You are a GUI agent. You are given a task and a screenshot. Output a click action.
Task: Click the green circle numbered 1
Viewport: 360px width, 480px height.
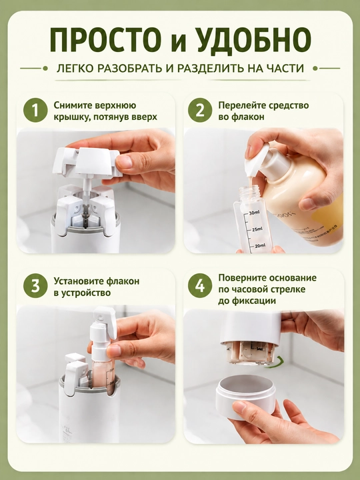35,111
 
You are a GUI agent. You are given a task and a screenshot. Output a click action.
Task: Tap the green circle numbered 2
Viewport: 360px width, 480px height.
200,111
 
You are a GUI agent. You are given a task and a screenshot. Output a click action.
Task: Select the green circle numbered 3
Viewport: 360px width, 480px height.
35,287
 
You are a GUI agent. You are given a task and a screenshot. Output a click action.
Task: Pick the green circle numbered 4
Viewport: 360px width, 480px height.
200,287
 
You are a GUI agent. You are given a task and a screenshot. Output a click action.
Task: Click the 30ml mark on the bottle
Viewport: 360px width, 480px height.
254,213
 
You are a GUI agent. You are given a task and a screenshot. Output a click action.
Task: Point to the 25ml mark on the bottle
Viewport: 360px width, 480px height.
256,229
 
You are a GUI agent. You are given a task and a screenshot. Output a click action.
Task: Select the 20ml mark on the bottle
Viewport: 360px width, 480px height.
259,245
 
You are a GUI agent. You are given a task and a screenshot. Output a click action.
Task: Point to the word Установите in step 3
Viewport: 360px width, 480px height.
79,281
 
